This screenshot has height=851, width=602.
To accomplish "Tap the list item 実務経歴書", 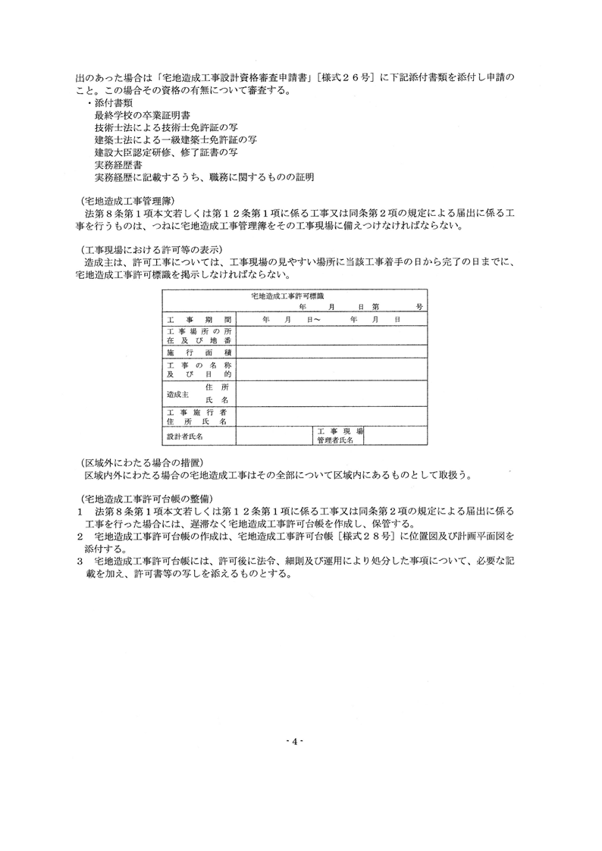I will pyautogui.click(x=118, y=164).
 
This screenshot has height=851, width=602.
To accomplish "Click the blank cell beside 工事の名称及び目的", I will pyautogui.click(x=331, y=370).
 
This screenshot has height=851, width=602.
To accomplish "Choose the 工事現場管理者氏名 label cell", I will pyautogui.click(x=339, y=435).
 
